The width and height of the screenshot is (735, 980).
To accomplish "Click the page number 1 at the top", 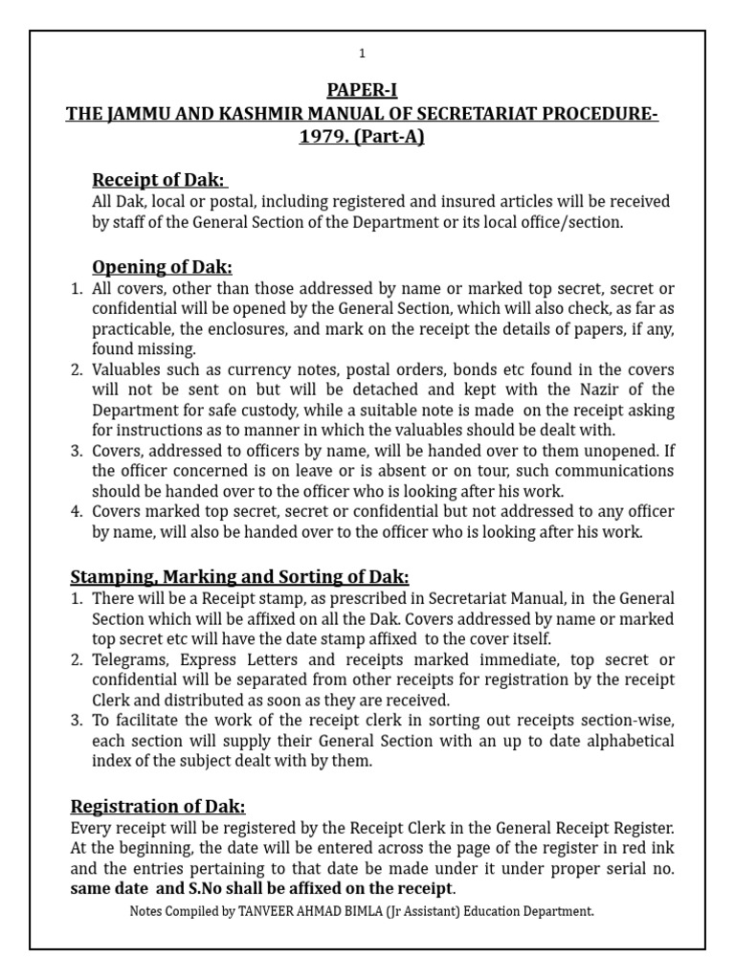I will tap(362, 54).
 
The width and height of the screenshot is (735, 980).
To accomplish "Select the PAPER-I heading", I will tap(362, 92).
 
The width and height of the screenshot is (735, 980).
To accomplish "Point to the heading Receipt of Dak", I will tap(159, 180).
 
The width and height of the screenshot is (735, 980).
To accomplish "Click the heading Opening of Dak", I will tap(162, 267).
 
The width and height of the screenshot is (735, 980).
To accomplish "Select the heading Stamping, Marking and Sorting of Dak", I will tap(239, 577).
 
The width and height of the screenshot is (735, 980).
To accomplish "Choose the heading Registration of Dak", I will tap(158, 806).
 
